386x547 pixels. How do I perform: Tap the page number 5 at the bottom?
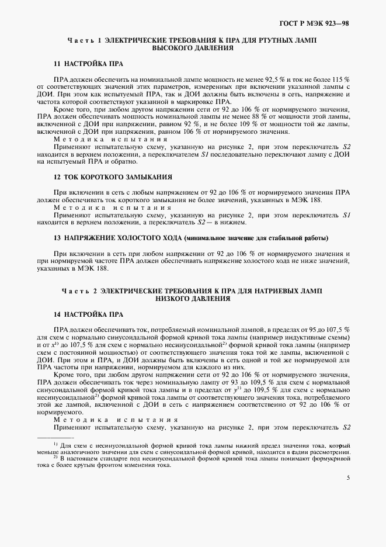348,477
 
